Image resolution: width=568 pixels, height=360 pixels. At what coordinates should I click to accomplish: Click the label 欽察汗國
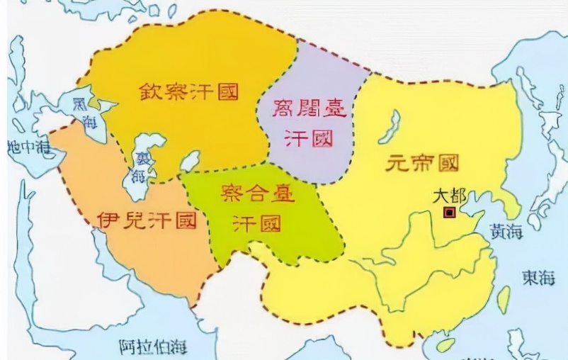188,91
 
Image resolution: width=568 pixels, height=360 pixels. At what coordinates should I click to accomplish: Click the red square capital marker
449,212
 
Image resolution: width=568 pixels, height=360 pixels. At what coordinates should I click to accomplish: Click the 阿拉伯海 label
153,347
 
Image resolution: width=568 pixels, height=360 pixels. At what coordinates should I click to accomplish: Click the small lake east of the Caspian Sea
189,161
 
